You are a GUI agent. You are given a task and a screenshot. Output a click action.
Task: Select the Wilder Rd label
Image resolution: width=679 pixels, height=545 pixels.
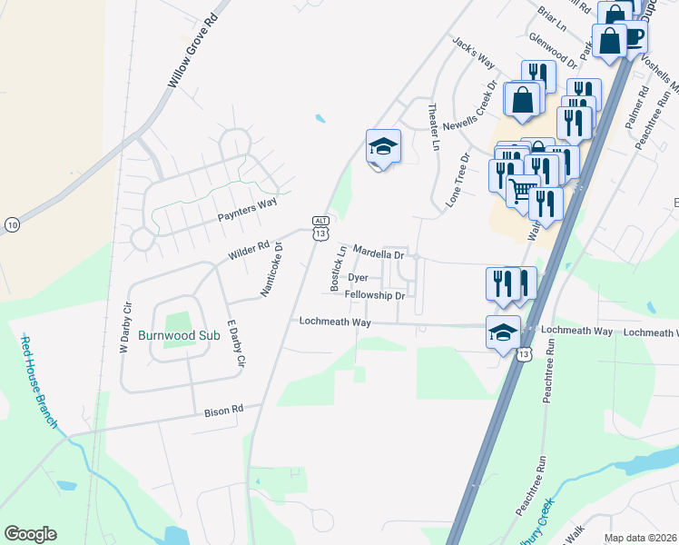(249, 247)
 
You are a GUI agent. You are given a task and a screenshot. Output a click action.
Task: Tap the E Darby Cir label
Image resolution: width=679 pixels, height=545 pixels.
(236, 343)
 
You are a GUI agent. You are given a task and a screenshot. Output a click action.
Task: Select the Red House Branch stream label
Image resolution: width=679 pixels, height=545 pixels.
(41, 381)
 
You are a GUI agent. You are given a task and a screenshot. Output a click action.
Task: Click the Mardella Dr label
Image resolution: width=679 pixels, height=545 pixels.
(378, 252)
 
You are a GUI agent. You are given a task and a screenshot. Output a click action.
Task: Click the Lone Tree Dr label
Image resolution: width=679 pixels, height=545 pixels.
(459, 180)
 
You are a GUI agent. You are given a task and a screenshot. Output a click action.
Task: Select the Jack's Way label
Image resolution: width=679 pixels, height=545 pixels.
(473, 54)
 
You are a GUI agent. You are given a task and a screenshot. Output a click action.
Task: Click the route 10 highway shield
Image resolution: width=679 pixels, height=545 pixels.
(11, 224)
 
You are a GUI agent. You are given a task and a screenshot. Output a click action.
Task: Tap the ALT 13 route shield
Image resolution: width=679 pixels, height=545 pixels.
(320, 228)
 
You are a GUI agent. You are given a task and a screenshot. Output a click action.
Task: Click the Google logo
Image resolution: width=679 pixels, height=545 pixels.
(30, 534)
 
